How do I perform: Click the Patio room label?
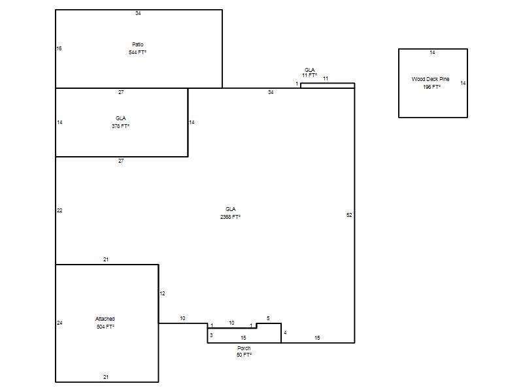click(137, 44)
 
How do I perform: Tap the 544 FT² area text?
click(137, 52)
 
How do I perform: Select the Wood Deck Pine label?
click(430, 79)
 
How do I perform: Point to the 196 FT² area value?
click(431, 87)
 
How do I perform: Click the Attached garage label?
click(105, 319)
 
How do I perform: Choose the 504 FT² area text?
click(105, 327)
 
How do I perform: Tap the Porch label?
click(244, 348)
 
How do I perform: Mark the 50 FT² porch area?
click(244, 355)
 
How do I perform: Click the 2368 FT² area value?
click(230, 217)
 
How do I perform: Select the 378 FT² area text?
click(120, 126)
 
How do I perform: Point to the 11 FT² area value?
click(309, 75)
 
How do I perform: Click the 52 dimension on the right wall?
click(349, 215)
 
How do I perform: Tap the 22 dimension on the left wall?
click(59, 210)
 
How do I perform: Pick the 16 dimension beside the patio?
click(59, 48)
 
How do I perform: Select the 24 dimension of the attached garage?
click(59, 323)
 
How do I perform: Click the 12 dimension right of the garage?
click(162, 293)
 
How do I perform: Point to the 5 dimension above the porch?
click(268, 318)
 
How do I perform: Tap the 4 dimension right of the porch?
click(285, 333)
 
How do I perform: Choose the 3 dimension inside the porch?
click(211, 335)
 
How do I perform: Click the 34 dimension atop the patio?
click(138, 13)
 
